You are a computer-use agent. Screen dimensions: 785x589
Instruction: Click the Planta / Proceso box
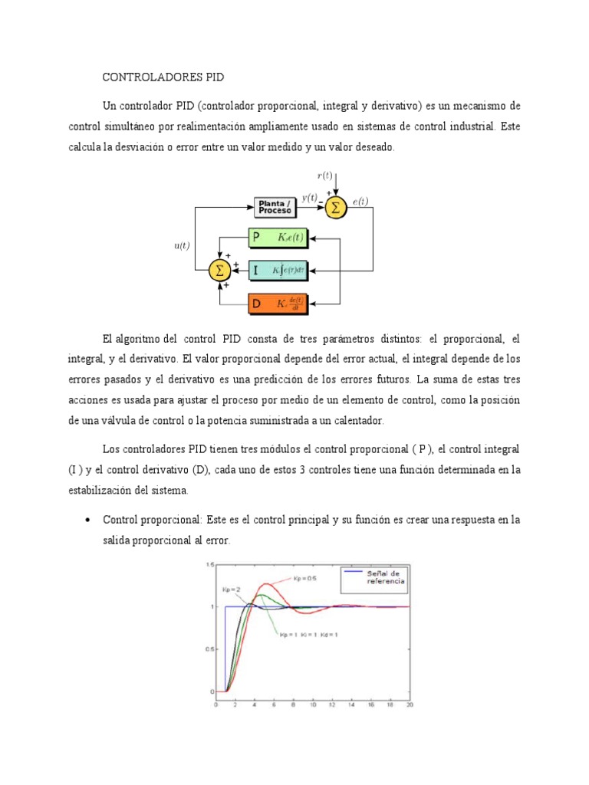[x=275, y=207]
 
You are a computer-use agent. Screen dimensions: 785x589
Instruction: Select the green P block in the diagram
[x=278, y=238]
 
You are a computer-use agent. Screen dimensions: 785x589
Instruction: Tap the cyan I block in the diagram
[x=278, y=270]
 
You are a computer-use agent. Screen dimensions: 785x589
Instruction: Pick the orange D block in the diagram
[x=278, y=304]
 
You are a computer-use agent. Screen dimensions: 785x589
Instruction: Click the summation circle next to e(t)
[x=334, y=207]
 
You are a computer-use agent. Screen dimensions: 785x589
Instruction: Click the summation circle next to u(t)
[x=221, y=270]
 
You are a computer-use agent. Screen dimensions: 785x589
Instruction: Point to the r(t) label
[x=324, y=176]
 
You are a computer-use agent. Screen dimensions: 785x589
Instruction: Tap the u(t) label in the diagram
[x=182, y=245]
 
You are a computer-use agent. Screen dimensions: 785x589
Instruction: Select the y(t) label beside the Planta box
[x=309, y=197]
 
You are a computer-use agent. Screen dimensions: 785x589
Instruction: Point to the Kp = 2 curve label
[x=232, y=589]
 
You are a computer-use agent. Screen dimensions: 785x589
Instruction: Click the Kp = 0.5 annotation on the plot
[x=304, y=578]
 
